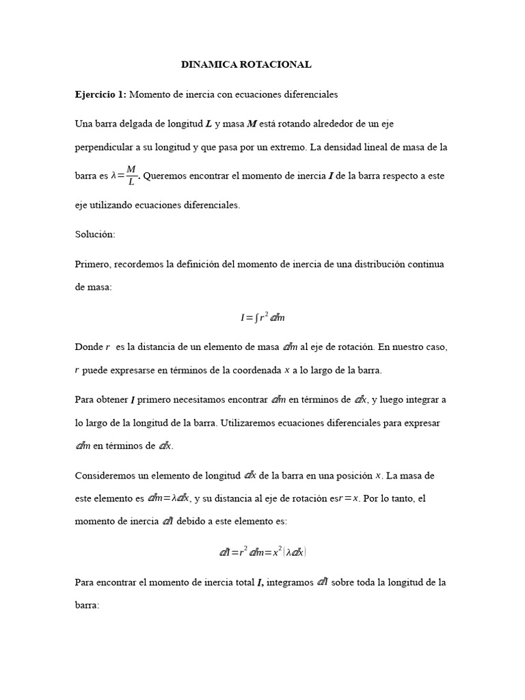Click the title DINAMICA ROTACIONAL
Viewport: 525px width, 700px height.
coord(246,65)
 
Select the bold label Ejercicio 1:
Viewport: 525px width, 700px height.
coord(100,94)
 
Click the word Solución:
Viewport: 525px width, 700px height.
coord(95,234)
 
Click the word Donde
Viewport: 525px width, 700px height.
coord(88,347)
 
